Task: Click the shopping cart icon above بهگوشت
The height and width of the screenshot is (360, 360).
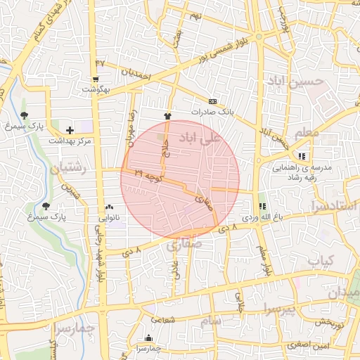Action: pyautogui.click(x=96, y=79)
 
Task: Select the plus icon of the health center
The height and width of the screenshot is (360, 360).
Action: pyautogui.click(x=70, y=130)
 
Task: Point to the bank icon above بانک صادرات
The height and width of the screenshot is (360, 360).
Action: pyautogui.click(x=212, y=101)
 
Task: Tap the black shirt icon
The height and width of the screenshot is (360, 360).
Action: pyautogui.click(x=167, y=115)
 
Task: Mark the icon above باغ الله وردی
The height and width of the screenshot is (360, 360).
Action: pyautogui.click(x=262, y=207)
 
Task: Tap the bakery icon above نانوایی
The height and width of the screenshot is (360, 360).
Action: pyautogui.click(x=109, y=207)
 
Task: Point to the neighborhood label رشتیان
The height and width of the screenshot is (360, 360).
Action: pyautogui.click(x=67, y=169)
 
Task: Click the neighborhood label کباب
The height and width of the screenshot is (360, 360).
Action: pyautogui.click(x=319, y=261)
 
